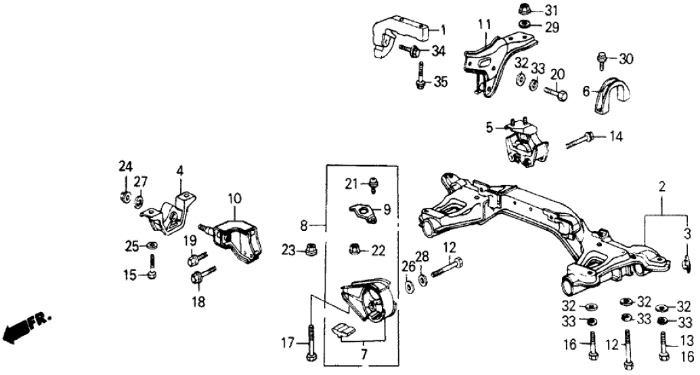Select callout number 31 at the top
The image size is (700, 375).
pyautogui.click(x=552, y=10)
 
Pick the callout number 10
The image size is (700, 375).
pyautogui.click(x=234, y=199)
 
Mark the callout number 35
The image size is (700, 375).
pyautogui.click(x=441, y=82)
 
